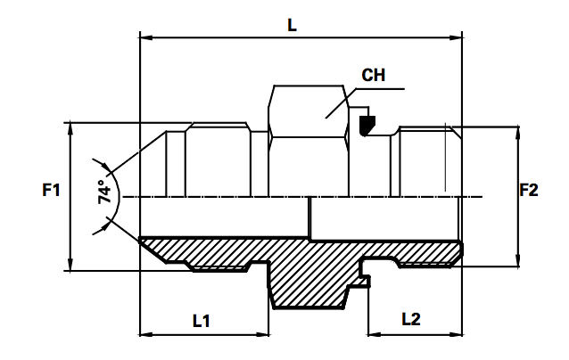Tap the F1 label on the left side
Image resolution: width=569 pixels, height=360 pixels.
pos(51,190)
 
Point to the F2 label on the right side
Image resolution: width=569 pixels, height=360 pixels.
pos(531,190)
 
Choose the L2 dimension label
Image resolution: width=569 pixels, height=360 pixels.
pos(413,318)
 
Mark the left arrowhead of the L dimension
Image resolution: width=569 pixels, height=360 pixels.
pos(147,37)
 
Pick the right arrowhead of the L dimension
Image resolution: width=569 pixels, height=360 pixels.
pos(458,37)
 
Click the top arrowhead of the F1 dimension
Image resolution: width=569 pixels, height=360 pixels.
pos(70,127)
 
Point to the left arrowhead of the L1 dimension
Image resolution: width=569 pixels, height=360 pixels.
pos(147,335)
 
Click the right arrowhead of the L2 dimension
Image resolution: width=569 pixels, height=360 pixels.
pos(458,335)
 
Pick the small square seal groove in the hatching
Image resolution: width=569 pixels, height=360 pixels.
pos(365,282)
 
